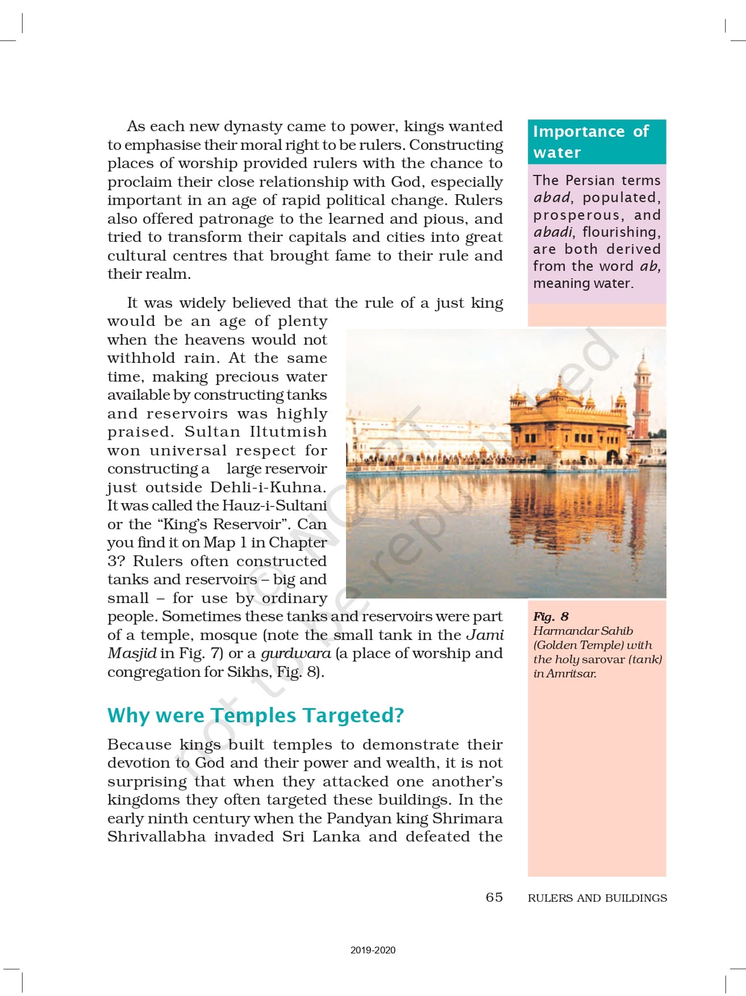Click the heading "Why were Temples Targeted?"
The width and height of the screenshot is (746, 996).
tap(255, 715)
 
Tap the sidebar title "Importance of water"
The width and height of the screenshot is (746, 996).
tap(591, 141)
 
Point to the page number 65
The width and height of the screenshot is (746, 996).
tap(494, 897)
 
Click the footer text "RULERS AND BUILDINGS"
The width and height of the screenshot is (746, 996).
tap(597, 898)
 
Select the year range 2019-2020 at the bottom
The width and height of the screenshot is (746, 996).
tap(373, 950)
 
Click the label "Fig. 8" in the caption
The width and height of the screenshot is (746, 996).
tap(551, 617)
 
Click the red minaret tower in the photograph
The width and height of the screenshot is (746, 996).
tap(643, 397)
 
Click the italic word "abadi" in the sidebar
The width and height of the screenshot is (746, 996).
tap(553, 232)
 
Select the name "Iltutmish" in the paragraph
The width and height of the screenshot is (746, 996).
tap(288, 432)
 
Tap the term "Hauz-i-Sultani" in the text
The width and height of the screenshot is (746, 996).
tap(274, 505)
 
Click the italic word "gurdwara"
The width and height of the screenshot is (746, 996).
tap(295, 654)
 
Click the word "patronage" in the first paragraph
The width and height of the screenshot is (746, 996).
tap(220, 219)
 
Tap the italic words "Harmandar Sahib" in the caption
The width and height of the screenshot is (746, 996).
tap(583, 631)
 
